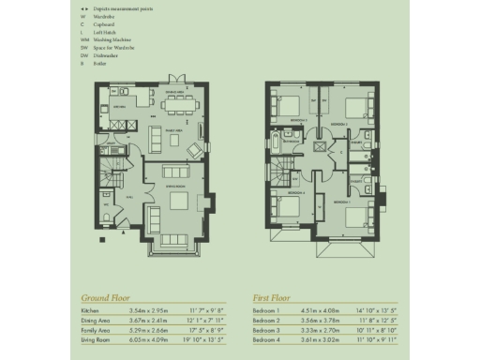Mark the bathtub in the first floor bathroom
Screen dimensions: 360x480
click(273, 144)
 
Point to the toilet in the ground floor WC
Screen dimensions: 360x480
click(108, 219)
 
